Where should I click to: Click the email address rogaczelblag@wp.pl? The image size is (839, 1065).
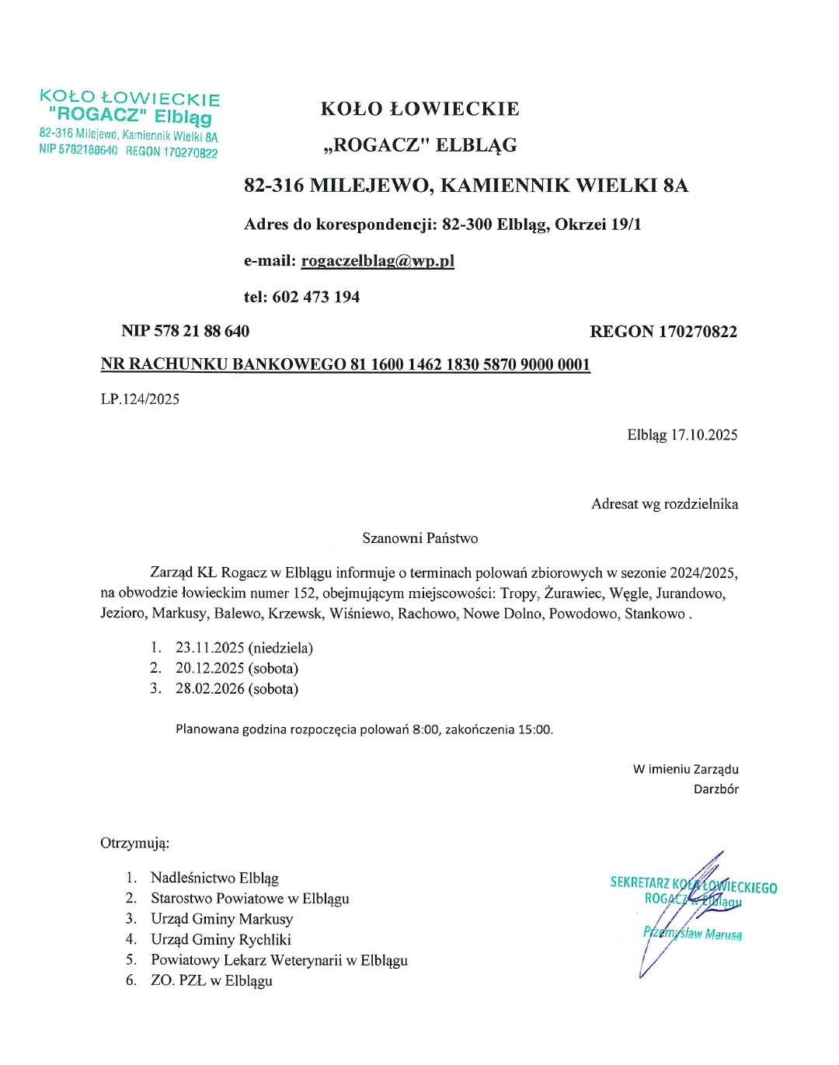tap(378, 261)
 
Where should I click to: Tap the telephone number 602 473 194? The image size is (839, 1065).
tap(315, 297)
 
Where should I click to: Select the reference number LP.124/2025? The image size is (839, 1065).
tap(140, 399)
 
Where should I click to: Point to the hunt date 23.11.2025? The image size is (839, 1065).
tap(210, 648)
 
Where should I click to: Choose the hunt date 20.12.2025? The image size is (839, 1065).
tap(210, 668)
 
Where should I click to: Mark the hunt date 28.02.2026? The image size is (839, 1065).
tap(210, 689)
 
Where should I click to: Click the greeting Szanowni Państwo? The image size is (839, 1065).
tap(419, 538)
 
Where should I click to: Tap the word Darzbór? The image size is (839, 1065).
tap(716, 789)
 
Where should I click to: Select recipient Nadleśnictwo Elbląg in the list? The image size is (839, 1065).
tap(214, 879)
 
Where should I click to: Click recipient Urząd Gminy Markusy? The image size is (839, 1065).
tap(221, 919)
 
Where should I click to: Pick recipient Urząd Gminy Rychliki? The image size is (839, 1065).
tap(221, 940)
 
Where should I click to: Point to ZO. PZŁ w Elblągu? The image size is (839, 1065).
tap(211, 980)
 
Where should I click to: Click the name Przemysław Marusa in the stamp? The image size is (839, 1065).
tap(692, 933)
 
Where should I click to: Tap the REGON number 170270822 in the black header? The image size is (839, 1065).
tap(698, 332)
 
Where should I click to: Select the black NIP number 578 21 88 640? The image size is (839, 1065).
tap(201, 332)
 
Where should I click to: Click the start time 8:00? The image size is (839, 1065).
tap(426, 729)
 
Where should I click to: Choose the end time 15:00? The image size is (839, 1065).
tap(534, 729)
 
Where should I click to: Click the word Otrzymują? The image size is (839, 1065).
tap(134, 843)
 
